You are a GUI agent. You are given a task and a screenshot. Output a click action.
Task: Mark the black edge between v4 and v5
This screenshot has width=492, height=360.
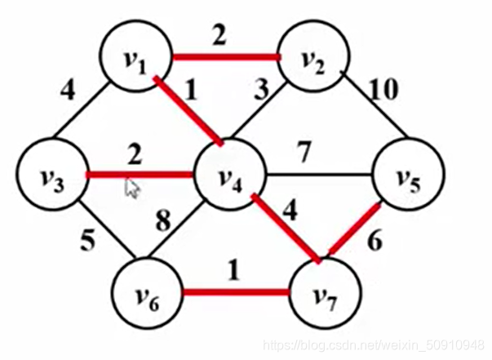tap(318, 175)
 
